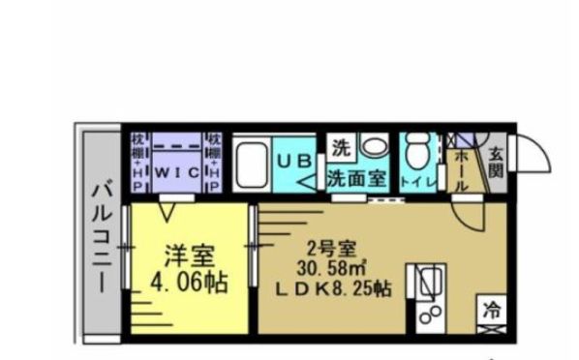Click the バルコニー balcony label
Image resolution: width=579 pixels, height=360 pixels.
(x=99, y=235)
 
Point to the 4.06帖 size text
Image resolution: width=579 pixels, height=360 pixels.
(x=188, y=283)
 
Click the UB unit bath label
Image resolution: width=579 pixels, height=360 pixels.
(x=289, y=162)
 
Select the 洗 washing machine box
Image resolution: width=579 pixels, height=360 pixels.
(x=341, y=150)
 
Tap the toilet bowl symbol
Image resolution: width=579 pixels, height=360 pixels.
(x=419, y=153)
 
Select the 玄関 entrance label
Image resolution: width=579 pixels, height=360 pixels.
(x=495, y=162)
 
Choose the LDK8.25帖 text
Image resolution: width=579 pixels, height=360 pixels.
(x=335, y=288)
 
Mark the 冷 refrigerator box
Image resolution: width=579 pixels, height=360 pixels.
(x=491, y=313)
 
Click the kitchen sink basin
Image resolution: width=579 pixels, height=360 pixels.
(x=428, y=282)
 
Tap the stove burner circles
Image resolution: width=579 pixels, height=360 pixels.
(x=430, y=315)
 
